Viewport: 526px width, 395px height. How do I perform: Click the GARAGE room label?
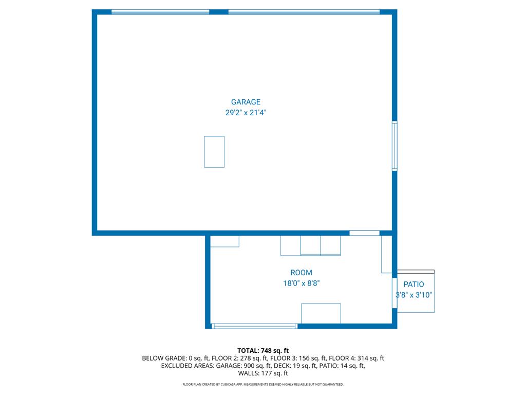click(x=246, y=102)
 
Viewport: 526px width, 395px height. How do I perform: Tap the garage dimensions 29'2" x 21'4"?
click(x=246, y=113)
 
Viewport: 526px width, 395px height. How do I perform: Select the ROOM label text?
click(x=301, y=273)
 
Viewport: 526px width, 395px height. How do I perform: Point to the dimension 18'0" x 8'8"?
click(x=301, y=283)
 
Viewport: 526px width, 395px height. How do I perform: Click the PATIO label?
click(x=414, y=284)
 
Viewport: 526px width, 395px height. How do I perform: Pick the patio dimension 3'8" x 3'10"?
click(x=414, y=295)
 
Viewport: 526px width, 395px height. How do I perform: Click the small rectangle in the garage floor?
click(x=214, y=152)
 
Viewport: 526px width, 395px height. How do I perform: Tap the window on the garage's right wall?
click(x=395, y=146)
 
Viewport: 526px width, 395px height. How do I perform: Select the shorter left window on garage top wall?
click(x=160, y=12)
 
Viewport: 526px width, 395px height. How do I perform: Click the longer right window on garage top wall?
click(x=304, y=12)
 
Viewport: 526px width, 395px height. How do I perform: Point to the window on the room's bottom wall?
click(x=255, y=326)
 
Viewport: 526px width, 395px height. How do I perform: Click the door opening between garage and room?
click(x=365, y=233)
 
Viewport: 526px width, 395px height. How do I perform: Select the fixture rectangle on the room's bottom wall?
click(x=321, y=314)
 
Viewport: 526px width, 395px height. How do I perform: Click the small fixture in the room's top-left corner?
click(x=225, y=241)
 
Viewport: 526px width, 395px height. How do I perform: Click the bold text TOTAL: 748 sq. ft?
click(x=263, y=351)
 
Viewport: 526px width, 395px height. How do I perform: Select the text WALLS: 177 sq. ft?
click(x=263, y=373)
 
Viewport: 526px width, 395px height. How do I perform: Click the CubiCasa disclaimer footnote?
click(x=263, y=384)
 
